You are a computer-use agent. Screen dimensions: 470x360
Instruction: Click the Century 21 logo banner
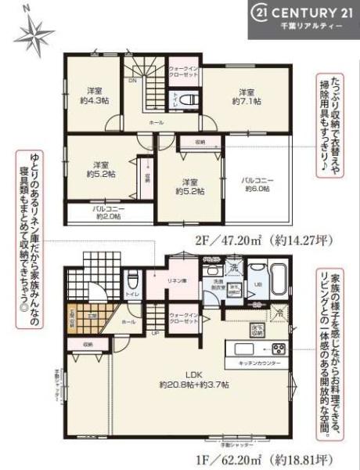pyautogui.click(x=302, y=18)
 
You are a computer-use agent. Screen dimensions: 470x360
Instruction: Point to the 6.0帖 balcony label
pyautogui.click(x=257, y=185)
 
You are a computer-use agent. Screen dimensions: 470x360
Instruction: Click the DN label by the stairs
pyautogui.click(x=133, y=81)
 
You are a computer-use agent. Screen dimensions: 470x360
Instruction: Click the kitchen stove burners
pyautogui.click(x=280, y=348)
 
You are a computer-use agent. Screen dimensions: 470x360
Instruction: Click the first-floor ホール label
pyautogui.click(x=107, y=321)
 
